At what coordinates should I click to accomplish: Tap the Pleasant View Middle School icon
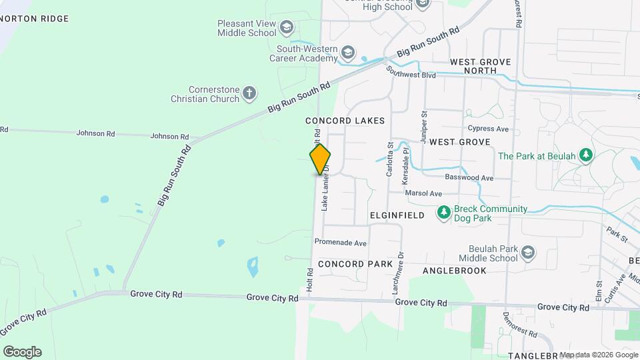click(x=287, y=27)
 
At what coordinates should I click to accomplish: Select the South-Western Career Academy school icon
click(x=347, y=52)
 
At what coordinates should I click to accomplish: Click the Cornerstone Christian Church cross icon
click(x=249, y=93)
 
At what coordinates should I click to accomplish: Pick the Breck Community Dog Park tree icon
click(x=443, y=213)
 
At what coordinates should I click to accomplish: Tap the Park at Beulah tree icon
click(x=586, y=155)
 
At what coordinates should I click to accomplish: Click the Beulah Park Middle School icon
click(x=528, y=253)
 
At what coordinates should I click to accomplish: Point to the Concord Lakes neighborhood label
click(x=345, y=121)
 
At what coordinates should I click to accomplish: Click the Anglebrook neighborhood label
click(x=464, y=270)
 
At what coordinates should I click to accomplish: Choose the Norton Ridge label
click(x=35, y=19)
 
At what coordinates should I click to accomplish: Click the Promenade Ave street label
click(x=341, y=243)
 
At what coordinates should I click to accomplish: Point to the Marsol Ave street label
click(x=424, y=193)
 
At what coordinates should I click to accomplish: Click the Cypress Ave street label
click(x=489, y=129)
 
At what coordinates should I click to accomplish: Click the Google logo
click(x=22, y=351)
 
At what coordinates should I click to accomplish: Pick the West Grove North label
click(x=480, y=66)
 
